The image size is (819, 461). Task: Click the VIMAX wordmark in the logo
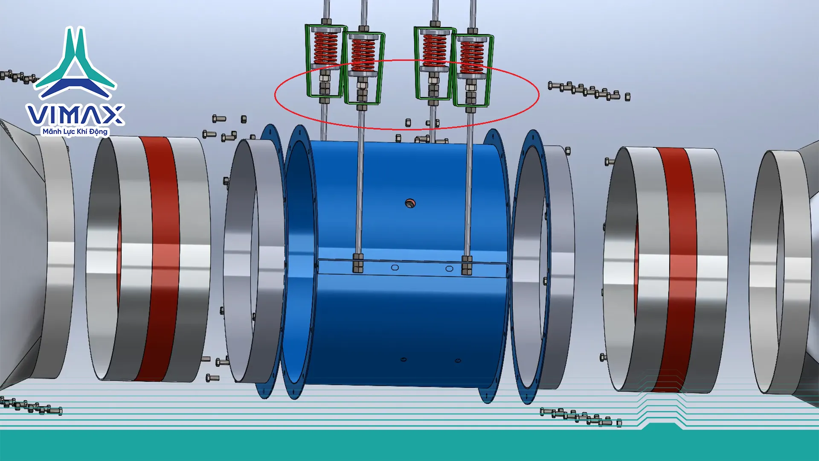[x=75, y=114]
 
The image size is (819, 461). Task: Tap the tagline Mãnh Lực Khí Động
[x=75, y=131]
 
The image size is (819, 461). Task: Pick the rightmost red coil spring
[x=472, y=57]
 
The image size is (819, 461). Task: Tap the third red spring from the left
[x=434, y=50]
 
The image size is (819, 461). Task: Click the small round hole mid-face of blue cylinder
[x=410, y=203]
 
